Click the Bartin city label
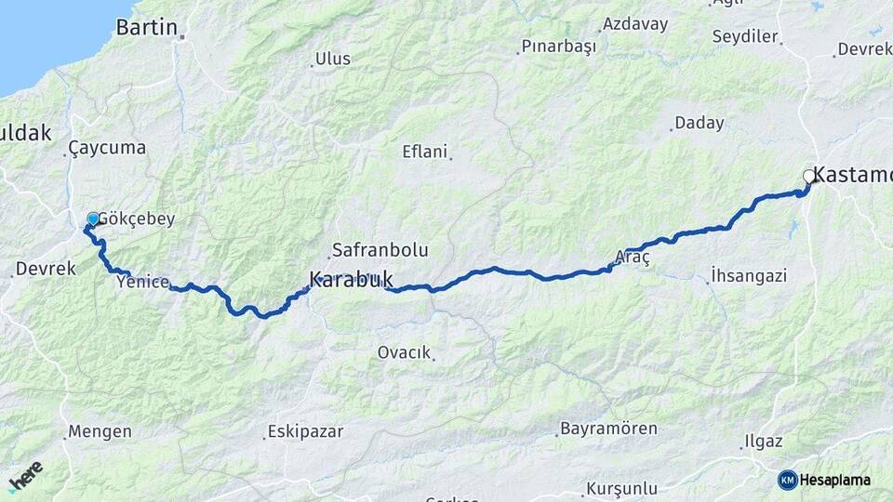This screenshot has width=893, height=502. (x=146, y=27)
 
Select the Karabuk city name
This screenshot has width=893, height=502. (x=351, y=278)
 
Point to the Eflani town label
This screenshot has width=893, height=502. (x=424, y=151)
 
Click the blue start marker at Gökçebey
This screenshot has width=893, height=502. (x=93, y=219)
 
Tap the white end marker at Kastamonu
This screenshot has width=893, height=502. (x=808, y=176)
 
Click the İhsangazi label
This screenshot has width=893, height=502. (x=748, y=275)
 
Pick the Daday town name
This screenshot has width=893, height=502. (x=699, y=123)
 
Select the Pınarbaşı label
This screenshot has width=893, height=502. (x=557, y=46)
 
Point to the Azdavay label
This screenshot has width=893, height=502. (x=634, y=24)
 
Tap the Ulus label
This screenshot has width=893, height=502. (x=333, y=59)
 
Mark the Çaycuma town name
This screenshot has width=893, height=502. (x=107, y=148)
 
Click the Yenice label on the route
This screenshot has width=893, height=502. (x=143, y=282)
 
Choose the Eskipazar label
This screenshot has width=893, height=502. (x=305, y=431)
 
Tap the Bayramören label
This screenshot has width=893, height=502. (x=608, y=429)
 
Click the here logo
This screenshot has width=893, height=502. (x=25, y=475)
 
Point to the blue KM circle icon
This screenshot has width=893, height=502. (x=788, y=480)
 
